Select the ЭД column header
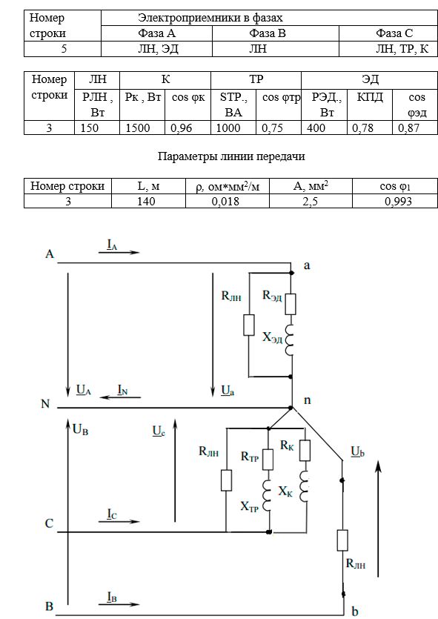370,79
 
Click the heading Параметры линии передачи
231,156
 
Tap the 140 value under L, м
146,202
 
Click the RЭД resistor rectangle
291,304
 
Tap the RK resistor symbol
305,451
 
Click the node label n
307,400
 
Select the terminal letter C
49,523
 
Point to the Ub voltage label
357,451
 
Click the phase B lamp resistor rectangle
342,540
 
